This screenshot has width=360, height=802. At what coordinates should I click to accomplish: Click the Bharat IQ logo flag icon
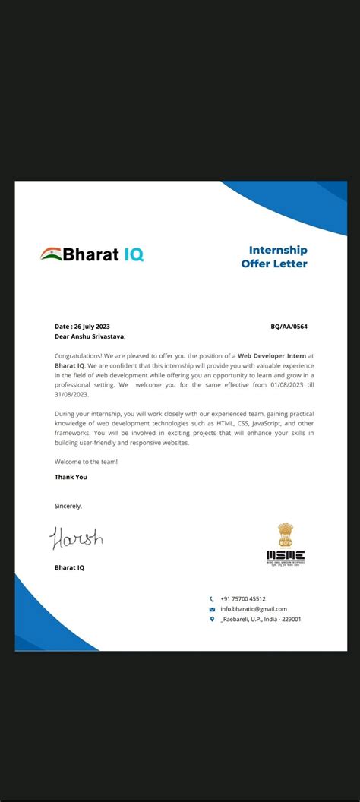tap(52, 254)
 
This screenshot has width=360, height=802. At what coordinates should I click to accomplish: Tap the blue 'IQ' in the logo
tap(133, 255)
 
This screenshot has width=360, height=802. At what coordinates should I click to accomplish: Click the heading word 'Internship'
tap(278, 250)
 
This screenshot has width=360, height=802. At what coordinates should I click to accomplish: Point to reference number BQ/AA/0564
tap(289, 327)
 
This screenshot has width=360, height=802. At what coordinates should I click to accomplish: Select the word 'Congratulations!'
tap(77, 355)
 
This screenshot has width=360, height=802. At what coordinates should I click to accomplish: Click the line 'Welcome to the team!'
tap(86, 462)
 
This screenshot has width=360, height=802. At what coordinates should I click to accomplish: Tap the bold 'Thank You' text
tap(71, 477)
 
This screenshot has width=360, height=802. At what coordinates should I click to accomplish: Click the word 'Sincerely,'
tap(68, 506)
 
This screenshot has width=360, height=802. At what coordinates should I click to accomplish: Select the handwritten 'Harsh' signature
tap(76, 538)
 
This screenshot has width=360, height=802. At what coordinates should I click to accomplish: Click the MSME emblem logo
tap(285, 544)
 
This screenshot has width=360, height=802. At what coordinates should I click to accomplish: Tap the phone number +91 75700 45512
tap(243, 598)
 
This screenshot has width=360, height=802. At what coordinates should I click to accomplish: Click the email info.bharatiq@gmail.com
tap(254, 609)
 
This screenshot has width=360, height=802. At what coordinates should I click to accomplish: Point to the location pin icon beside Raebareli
tap(212, 619)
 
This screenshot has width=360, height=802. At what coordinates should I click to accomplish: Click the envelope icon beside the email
tap(212, 609)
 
